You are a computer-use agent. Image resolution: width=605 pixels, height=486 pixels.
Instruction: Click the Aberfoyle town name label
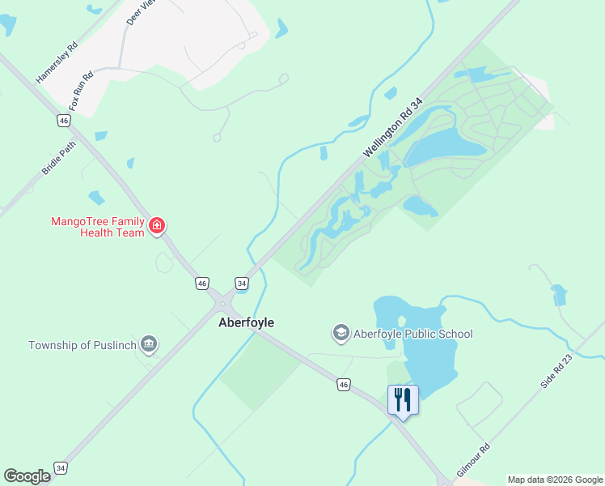tap(247, 322)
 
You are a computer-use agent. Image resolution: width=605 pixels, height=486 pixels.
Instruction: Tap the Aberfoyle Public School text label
tap(412, 334)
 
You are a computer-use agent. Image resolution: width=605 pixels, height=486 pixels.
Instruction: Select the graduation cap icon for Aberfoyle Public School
tap(341, 333)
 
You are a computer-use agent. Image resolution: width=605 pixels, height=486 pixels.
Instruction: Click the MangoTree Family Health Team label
tap(97, 227)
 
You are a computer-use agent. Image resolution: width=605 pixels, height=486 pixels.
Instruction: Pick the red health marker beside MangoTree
tap(157, 225)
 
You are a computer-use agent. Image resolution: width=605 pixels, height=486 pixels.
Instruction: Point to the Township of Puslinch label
tap(81, 345)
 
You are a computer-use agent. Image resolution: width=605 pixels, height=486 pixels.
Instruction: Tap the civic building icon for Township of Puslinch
tap(148, 344)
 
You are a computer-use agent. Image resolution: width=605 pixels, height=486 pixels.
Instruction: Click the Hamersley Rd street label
tap(57, 62)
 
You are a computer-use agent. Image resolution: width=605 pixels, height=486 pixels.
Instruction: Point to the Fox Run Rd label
tap(81, 92)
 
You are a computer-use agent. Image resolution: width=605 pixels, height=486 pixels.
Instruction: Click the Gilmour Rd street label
tap(473, 459)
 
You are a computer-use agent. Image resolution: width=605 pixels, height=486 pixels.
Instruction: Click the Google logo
tap(27, 476)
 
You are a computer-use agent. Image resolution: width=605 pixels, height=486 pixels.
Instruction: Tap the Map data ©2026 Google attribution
tap(556, 480)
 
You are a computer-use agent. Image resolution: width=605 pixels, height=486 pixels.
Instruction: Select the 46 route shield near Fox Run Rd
tap(64, 120)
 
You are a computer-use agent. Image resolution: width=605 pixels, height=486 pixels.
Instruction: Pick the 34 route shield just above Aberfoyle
tap(242, 283)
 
